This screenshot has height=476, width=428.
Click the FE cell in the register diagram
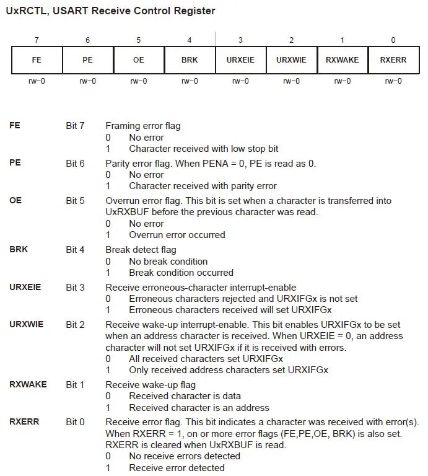tap(37, 60)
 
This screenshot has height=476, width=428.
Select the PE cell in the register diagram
tap(87, 60)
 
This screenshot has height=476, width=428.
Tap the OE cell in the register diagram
tap(138, 60)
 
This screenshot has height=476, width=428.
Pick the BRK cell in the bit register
tap(189, 60)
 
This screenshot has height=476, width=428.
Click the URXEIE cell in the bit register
tap(240, 60)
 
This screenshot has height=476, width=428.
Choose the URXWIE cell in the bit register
tap(291, 60)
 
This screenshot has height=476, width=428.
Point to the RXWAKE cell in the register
tap(342, 60)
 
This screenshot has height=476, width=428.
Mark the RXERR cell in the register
tap(393, 60)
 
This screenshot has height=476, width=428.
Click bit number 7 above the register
tap(37, 40)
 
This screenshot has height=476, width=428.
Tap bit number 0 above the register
tap(393, 40)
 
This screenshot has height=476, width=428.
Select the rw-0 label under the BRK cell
tap(189, 81)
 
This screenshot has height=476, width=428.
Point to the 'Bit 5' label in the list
tap(75, 201)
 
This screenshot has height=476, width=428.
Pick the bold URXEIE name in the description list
tap(26, 287)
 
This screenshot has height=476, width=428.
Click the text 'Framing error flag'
tap(143, 126)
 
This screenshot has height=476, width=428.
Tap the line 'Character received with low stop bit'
tap(203, 149)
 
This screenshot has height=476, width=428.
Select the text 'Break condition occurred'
tap(181, 273)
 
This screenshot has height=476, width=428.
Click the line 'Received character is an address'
tap(199, 408)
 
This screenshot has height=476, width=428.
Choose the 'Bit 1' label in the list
tap(75, 385)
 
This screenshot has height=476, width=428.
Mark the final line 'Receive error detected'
tap(177, 468)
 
